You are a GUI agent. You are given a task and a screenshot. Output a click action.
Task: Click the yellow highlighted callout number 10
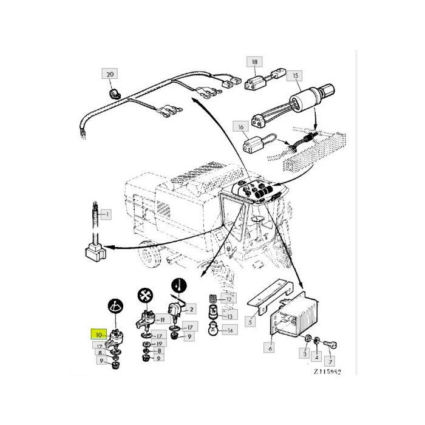click(99, 335)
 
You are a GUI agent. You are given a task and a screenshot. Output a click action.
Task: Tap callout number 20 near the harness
click(110, 73)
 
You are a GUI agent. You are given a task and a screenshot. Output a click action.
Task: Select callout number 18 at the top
click(254, 62)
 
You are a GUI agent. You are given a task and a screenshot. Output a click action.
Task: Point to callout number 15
click(295, 75)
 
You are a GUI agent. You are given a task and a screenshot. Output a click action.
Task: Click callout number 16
click(241, 126)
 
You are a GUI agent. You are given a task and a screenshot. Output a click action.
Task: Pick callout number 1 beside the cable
click(106, 215)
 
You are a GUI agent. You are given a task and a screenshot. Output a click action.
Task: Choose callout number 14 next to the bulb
click(230, 330)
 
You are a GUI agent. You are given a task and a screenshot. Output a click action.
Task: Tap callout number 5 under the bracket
click(250, 322)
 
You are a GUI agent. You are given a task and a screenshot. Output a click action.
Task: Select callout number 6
click(270, 348)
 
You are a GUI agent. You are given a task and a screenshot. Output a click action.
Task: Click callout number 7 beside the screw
click(330, 362)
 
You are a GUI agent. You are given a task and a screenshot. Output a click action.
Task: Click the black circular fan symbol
click(145, 296)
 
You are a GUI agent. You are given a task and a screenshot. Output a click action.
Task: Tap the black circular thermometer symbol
click(179, 286)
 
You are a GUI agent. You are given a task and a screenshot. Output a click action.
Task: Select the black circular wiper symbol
click(116, 307)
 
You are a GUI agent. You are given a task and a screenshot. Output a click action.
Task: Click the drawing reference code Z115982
click(327, 372)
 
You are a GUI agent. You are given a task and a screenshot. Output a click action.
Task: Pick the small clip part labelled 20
click(115, 93)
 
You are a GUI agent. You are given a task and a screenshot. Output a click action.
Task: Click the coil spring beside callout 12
click(214, 299)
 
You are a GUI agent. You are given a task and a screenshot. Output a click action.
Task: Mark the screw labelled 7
click(330, 345)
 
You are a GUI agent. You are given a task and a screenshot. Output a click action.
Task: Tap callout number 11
click(162, 320)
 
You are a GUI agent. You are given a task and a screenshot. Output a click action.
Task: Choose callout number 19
click(159, 344)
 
